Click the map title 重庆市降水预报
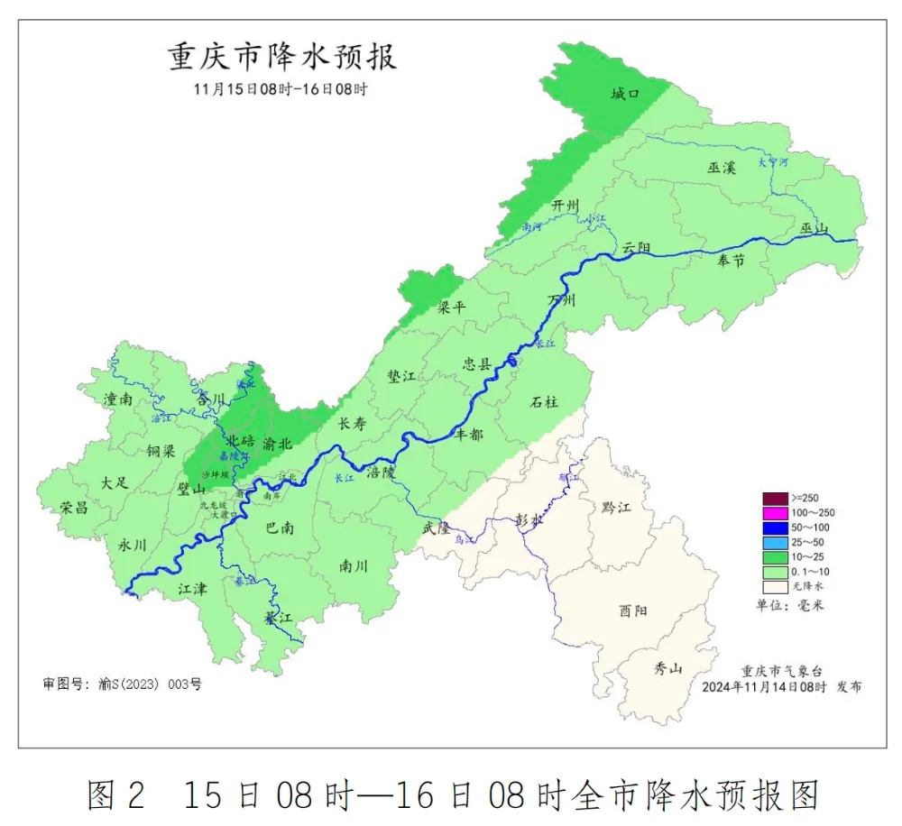click(x=282, y=58)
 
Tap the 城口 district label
click(x=624, y=94)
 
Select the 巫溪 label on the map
click(x=722, y=168)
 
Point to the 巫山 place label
click(x=814, y=229)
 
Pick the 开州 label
click(x=566, y=206)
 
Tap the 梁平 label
click(x=452, y=307)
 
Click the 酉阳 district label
click(x=633, y=611)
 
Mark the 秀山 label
click(x=668, y=668)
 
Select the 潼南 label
click(x=118, y=399)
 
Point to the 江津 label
click(x=192, y=589)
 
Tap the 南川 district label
click(x=354, y=566)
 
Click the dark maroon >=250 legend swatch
click(x=774, y=498)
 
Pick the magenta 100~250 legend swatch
click(x=774, y=512)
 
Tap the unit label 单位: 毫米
click(x=789, y=605)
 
